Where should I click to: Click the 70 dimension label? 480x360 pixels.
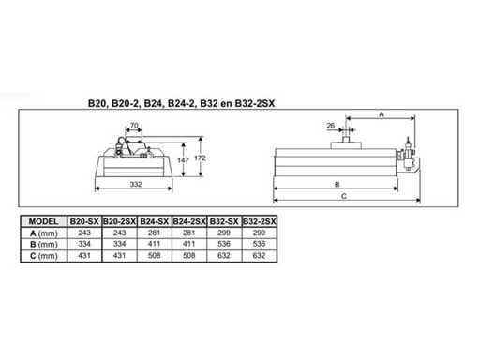(134, 126)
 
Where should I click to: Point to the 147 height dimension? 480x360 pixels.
(183, 160)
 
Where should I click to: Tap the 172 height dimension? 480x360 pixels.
(200, 158)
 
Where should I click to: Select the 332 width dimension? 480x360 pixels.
(136, 184)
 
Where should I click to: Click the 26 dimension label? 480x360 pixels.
(331, 126)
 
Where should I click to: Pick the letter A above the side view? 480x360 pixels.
(382, 114)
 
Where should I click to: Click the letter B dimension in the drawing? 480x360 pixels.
(337, 184)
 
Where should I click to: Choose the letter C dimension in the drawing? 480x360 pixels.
(344, 196)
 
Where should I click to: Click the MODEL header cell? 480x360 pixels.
(43, 221)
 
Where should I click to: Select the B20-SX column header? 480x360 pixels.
(84, 221)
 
